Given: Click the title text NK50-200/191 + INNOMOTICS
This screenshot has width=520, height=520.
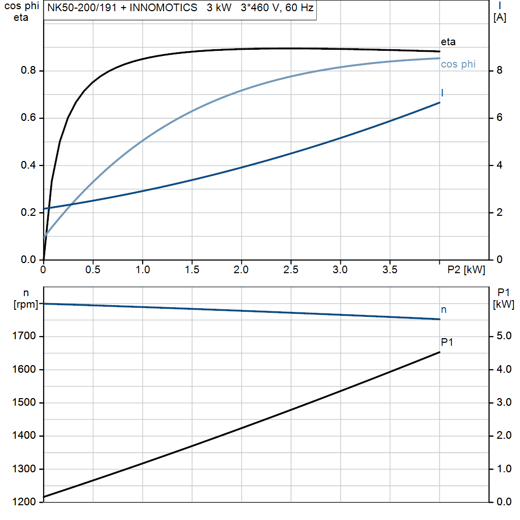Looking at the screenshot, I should [x=122, y=9].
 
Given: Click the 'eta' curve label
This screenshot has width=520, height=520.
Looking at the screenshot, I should [x=448, y=42].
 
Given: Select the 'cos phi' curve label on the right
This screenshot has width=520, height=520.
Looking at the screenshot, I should [x=458, y=64].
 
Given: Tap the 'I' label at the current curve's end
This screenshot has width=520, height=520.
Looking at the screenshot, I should [x=442, y=93].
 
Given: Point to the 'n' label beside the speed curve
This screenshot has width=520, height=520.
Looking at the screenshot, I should [x=444, y=309].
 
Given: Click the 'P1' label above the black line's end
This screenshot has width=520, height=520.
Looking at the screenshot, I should [x=447, y=342].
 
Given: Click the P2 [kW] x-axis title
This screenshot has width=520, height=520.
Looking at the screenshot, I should [x=466, y=270].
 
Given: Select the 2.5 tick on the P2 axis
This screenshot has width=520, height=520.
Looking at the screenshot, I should [x=290, y=270].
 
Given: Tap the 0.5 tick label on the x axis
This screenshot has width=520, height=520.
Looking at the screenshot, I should [x=93, y=270].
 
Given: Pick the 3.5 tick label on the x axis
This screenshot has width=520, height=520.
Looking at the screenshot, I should [x=389, y=270].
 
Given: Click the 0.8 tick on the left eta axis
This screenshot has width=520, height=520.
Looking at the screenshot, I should [x=29, y=71].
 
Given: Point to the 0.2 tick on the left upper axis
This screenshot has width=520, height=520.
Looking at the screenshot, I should [x=29, y=212].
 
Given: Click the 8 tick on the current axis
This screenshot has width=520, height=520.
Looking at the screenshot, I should [x=499, y=71].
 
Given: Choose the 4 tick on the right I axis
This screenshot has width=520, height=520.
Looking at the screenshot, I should [x=499, y=165].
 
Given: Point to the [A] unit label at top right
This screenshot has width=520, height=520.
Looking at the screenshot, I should [x=500, y=18].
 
